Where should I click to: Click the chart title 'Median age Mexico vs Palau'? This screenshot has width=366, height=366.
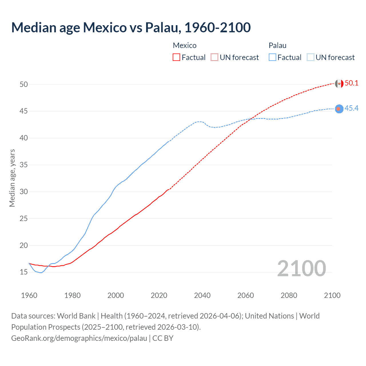pos(131,28)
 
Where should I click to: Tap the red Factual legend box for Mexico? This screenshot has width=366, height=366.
pos(176,57)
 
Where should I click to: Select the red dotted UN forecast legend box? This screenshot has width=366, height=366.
pos(214,57)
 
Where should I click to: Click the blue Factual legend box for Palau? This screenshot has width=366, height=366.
pos(272,57)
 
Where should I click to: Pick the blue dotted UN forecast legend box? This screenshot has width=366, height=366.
pos(311,57)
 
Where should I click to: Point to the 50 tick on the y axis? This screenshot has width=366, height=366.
pos(24,84)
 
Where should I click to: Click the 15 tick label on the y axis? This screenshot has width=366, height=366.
pos(24,272)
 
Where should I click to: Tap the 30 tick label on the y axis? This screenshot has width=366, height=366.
pos(24,192)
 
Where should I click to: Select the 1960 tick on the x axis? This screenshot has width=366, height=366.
pos(29,295)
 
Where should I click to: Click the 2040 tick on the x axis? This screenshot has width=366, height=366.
pos(202,295)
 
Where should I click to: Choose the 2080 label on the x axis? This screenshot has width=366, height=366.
pos(289,295)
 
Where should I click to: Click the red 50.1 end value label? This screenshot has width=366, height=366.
pos(351,83)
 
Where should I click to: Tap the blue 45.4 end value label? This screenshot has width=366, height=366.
pos(351,108)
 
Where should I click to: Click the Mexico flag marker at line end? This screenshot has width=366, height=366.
pos(339,83)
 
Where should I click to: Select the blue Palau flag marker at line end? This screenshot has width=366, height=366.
pos(339,109)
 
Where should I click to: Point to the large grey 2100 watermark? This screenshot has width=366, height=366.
pos(301,268)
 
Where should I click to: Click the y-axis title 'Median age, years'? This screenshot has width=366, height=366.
pos(12,178)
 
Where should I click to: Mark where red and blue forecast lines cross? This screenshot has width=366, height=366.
pos(251,119)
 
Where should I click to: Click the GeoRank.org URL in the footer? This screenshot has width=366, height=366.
pos(79,338)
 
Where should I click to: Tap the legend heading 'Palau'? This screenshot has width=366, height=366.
pos(277,45)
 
